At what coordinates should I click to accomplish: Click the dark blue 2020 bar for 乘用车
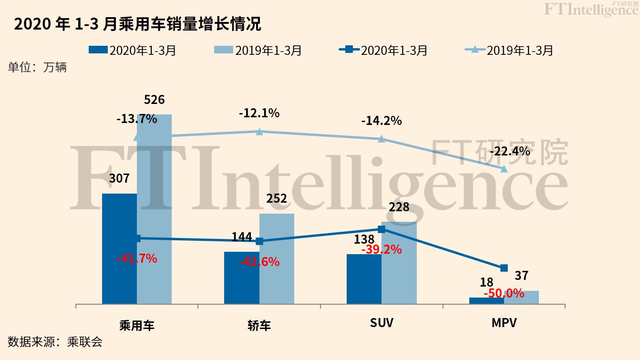tap(119, 248)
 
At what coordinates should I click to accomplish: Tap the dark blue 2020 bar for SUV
tap(364, 279)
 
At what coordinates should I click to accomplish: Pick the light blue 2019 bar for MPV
tap(521, 297)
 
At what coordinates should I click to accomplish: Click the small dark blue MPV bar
tap(486, 300)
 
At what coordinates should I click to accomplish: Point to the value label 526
tap(154, 100)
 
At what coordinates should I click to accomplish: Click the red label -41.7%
tap(137, 259)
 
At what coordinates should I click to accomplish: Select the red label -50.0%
tap(504, 293)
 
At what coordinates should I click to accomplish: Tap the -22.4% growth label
tap(510, 152)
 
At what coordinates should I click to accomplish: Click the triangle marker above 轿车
tap(259, 131)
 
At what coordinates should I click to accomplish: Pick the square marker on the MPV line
tap(504, 268)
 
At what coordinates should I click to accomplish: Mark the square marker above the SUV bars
tap(382, 229)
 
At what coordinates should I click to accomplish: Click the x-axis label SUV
tap(382, 323)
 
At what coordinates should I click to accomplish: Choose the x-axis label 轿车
tap(259, 326)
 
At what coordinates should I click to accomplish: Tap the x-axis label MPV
tap(504, 323)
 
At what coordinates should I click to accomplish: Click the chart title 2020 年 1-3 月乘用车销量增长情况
tap(138, 24)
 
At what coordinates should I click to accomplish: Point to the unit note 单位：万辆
tap(37, 67)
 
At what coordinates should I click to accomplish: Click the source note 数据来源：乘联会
tap(55, 341)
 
